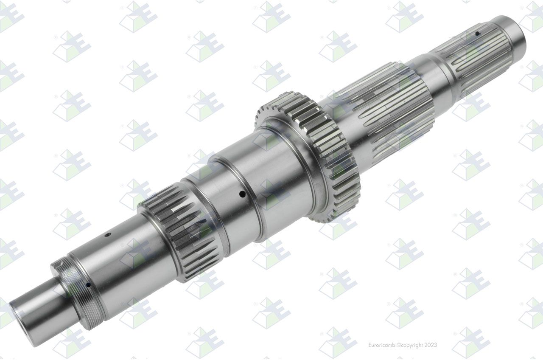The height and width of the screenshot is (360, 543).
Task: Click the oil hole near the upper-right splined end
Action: click(x=477, y=34)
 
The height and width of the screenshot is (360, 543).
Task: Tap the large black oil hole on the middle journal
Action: click(x=242, y=194)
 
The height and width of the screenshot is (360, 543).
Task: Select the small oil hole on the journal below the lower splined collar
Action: click(x=107, y=235)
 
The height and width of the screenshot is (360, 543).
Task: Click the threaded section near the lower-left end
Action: click(x=80, y=293)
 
